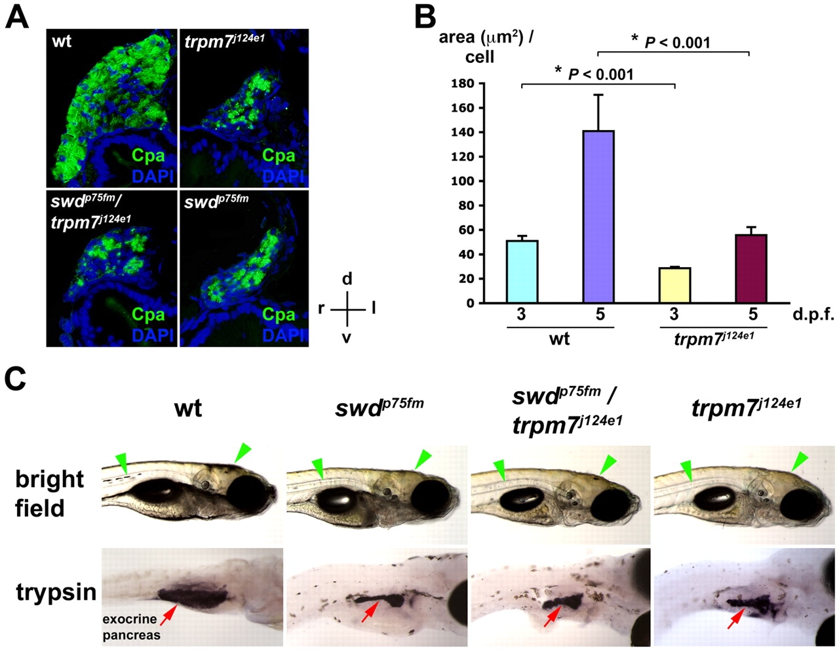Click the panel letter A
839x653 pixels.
click(17, 15)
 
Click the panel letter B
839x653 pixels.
click(427, 16)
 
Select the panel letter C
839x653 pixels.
click(16, 379)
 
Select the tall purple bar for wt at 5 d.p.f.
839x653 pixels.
click(598, 217)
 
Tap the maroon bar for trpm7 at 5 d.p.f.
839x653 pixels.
click(751, 268)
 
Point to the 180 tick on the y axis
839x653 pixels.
click(463, 83)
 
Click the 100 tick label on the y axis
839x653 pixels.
click(463, 181)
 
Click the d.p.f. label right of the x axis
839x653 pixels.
click(813, 314)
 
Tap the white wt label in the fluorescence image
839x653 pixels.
click(63, 41)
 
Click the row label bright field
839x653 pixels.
click(50, 493)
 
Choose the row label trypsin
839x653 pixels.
click(56, 593)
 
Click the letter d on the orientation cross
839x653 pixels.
click(347, 279)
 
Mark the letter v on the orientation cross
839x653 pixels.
click(346, 339)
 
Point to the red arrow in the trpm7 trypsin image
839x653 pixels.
click(735, 618)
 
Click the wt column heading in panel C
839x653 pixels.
click(188, 409)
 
